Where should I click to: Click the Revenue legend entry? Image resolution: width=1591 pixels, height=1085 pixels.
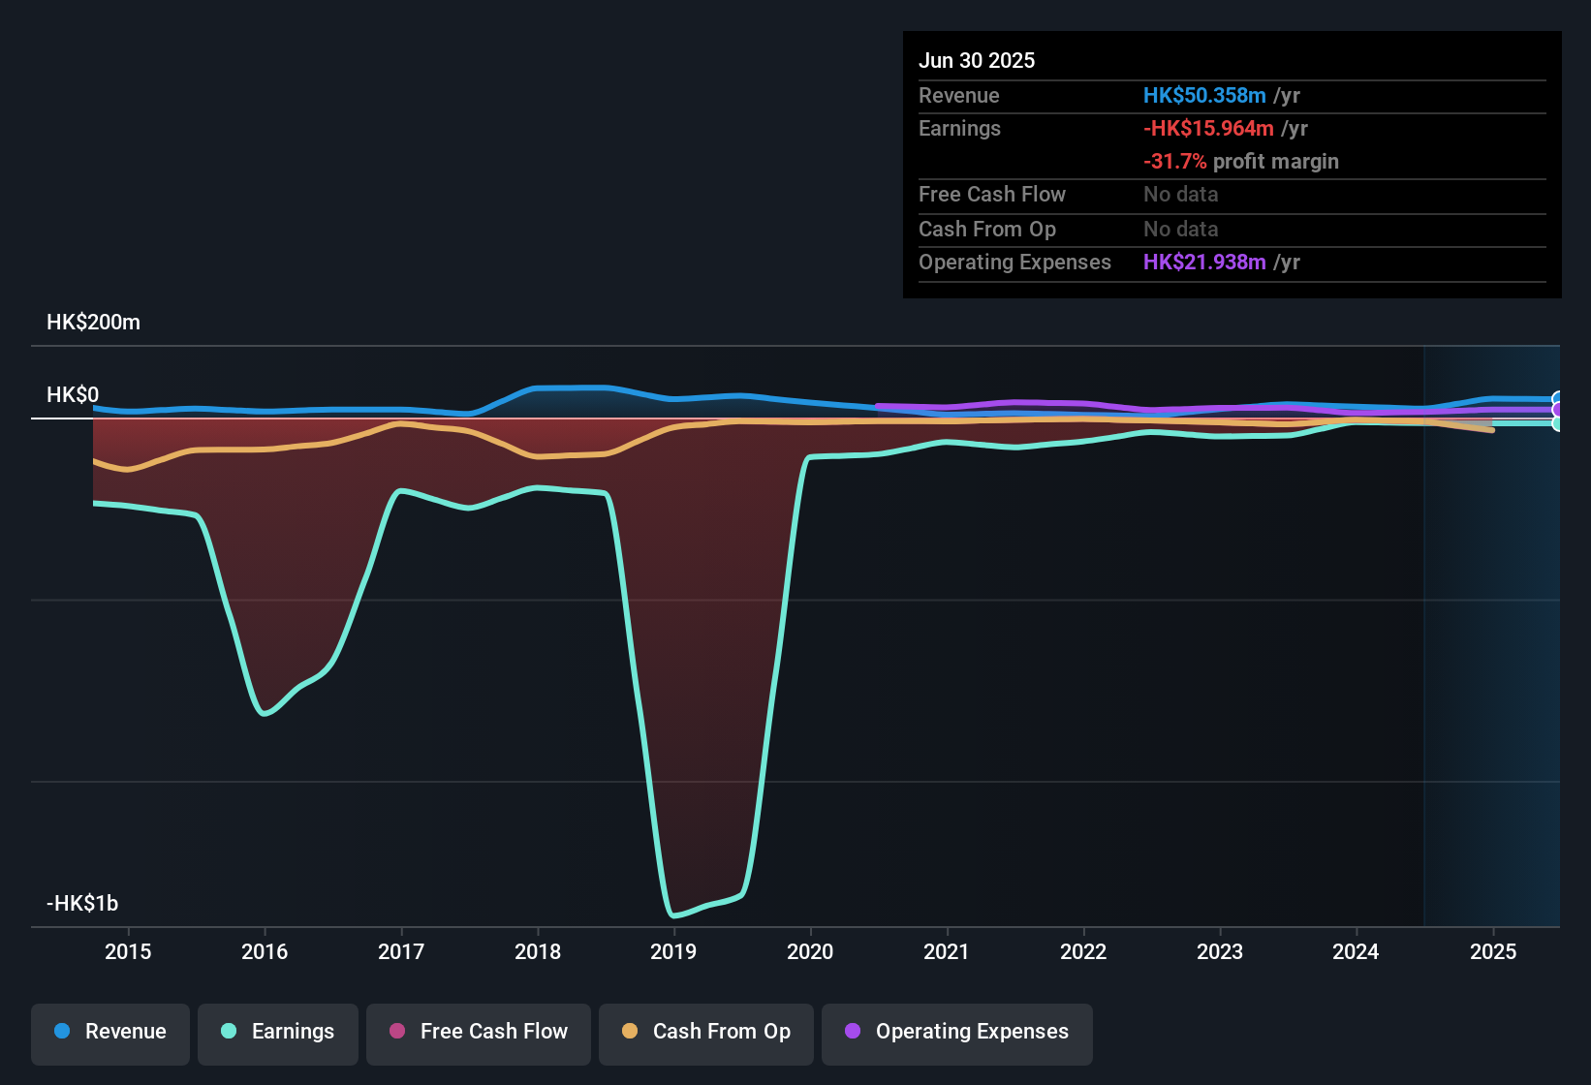(x=110, y=1032)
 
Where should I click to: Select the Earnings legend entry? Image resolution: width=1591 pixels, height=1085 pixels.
(x=278, y=1032)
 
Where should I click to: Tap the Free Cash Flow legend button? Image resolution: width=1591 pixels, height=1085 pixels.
(x=479, y=1032)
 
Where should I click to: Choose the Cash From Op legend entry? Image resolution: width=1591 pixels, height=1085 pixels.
(x=706, y=1032)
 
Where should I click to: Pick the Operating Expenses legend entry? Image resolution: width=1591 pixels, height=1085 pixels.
(x=957, y=1032)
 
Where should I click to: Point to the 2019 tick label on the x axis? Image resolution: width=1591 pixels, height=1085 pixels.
(x=673, y=951)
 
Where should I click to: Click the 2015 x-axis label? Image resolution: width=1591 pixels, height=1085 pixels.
(x=128, y=951)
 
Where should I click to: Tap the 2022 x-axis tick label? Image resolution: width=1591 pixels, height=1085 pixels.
(x=1083, y=951)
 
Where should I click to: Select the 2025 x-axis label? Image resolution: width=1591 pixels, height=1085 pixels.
(x=1493, y=951)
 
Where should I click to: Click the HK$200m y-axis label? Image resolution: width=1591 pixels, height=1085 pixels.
(x=93, y=323)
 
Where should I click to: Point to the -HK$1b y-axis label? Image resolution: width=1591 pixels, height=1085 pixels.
(x=82, y=904)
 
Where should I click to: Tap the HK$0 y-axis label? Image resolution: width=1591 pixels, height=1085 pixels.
(x=73, y=395)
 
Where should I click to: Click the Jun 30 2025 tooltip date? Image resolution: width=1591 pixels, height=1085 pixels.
(x=977, y=61)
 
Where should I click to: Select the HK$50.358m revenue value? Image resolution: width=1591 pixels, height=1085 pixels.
(x=1204, y=96)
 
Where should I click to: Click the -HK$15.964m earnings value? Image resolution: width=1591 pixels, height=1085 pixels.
(x=1208, y=129)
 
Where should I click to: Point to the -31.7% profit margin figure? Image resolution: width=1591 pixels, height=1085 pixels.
(x=1174, y=162)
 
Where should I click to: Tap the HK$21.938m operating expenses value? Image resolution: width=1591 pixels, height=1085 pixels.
(x=1204, y=263)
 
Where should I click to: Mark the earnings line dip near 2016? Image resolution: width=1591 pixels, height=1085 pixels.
(x=265, y=714)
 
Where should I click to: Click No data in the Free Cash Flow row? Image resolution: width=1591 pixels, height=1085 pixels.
(x=1180, y=195)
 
